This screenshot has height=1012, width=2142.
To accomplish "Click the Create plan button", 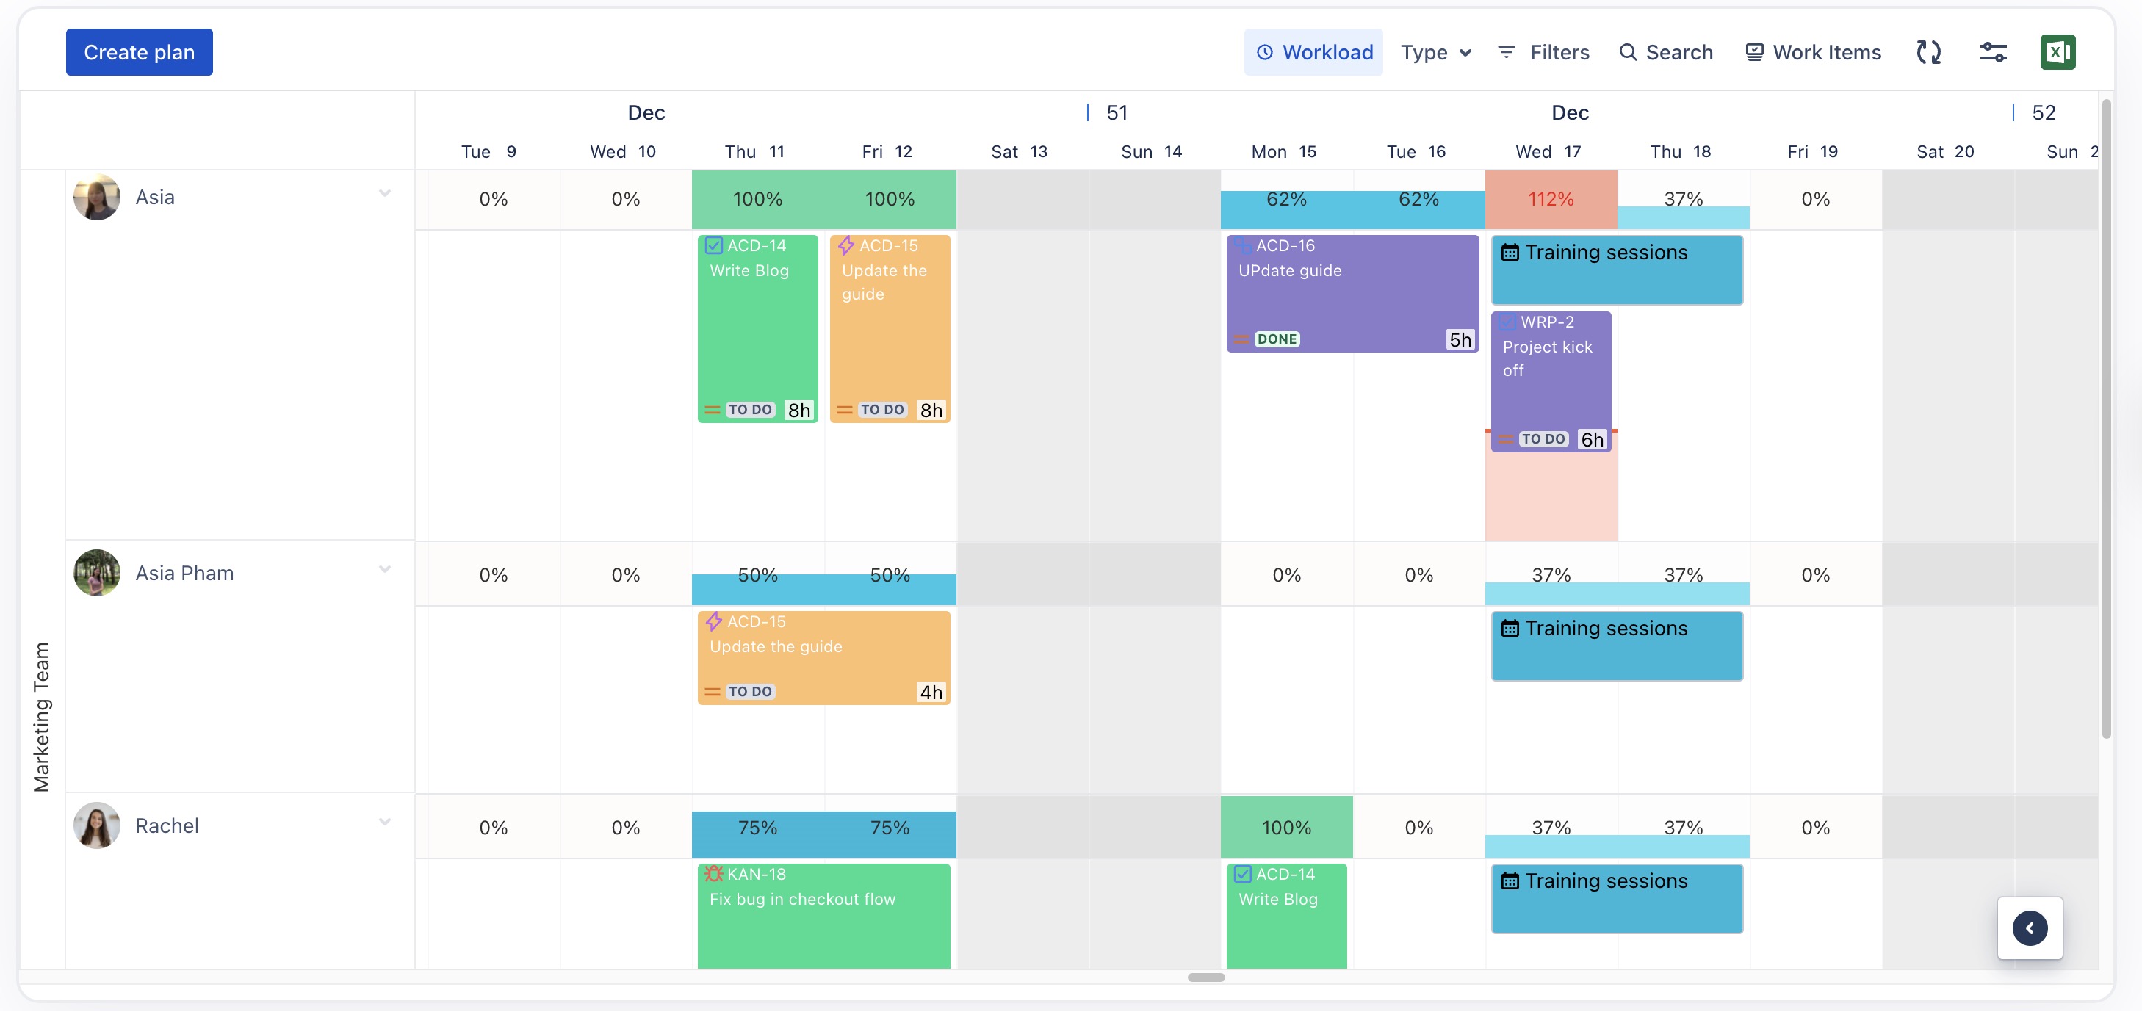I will (x=139, y=52).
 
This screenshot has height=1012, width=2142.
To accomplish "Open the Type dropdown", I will (x=1435, y=52).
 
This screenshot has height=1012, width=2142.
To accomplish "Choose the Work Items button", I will (x=1813, y=52).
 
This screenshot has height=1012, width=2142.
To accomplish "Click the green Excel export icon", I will (x=2058, y=52).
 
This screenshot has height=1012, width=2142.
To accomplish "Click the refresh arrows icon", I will (x=1928, y=52).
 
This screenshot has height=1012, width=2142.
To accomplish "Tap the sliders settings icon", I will (x=1993, y=52).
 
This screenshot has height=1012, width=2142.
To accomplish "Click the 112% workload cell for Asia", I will (x=1551, y=200).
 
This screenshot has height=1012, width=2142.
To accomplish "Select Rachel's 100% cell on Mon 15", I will (x=1286, y=828).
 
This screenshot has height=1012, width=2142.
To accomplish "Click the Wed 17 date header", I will (x=1548, y=151).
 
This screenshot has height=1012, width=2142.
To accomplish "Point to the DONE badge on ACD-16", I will (x=1277, y=339).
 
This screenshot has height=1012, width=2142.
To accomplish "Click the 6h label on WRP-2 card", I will (x=1592, y=439).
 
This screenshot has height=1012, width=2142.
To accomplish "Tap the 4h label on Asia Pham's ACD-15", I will (x=931, y=692).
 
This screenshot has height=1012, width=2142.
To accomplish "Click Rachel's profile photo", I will (x=97, y=825).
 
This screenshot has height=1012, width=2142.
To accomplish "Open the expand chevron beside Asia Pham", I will (x=385, y=570).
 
